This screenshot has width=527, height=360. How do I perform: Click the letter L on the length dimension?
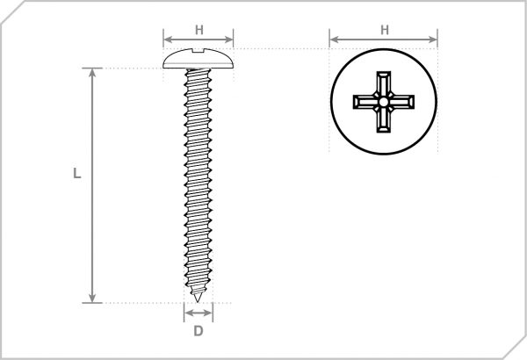tap(77, 174)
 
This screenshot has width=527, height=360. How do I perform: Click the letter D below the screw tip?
tap(199, 331)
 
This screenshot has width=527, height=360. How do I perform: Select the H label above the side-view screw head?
tap(199, 30)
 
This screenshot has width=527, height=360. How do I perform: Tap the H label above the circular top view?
tap(384, 30)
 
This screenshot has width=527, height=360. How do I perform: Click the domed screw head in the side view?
tap(199, 61)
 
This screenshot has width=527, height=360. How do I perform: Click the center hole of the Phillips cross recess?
tap(384, 102)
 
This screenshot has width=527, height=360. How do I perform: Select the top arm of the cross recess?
tap(384, 82)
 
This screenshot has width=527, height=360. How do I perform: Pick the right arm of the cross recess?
tap(404, 102)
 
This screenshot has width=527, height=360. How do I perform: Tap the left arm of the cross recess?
tap(364, 102)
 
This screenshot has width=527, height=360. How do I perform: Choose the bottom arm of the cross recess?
tap(384, 122)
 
